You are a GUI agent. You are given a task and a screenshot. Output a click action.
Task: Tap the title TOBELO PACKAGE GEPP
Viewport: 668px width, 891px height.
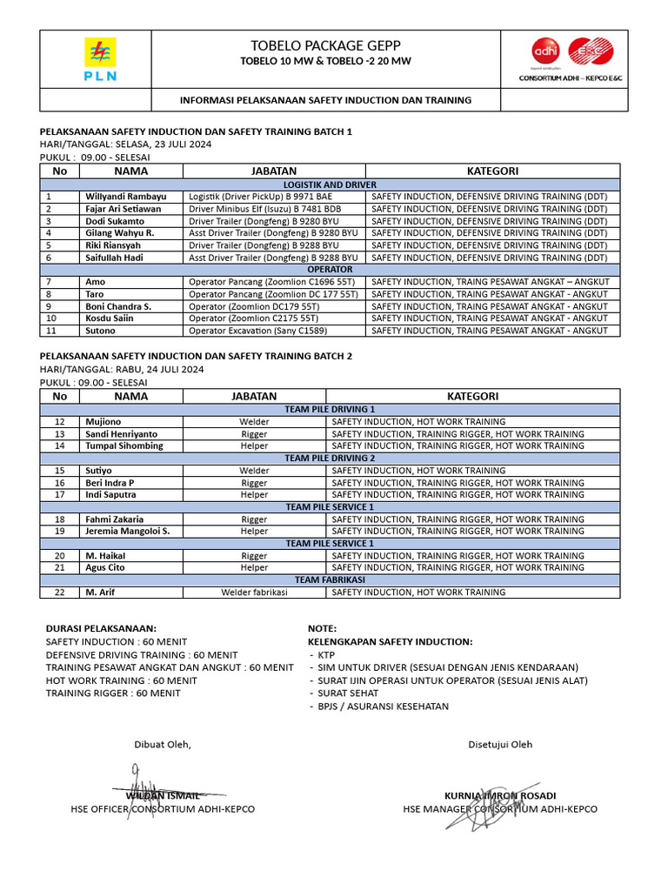325,45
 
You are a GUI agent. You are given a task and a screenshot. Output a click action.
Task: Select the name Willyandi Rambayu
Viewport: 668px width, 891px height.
125,197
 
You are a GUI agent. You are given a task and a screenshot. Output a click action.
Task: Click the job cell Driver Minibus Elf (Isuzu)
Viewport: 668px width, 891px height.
265,209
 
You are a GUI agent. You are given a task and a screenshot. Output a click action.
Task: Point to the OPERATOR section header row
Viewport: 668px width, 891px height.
330,270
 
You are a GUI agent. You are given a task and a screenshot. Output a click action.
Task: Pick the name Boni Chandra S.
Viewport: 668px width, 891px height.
118,306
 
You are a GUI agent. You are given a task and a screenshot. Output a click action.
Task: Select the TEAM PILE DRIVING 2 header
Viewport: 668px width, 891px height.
330,458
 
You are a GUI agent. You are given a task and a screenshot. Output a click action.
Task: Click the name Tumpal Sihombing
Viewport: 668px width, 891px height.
124,445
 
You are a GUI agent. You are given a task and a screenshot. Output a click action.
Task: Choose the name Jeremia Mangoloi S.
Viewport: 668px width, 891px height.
127,531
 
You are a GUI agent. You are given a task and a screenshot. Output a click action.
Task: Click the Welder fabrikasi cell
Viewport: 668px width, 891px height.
254,592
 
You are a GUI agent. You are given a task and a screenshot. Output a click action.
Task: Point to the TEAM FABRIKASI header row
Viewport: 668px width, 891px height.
330,579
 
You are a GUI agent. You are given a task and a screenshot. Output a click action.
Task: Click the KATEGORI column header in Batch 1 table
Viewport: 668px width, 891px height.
493,171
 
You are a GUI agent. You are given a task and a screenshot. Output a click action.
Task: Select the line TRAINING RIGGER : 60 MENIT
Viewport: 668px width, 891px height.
113,693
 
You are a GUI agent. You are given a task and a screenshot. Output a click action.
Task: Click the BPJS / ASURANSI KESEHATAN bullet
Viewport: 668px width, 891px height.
383,706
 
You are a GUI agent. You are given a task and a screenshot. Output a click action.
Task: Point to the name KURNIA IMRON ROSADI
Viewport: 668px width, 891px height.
500,795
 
